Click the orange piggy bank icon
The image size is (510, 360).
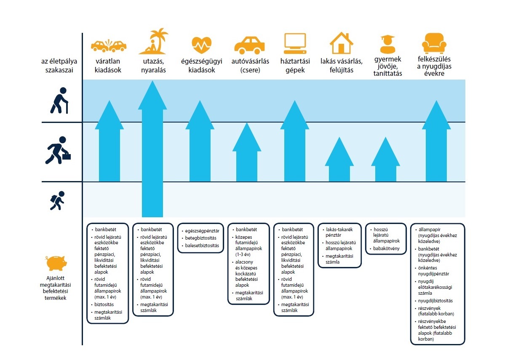coord(57,264)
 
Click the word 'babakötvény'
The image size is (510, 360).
coord(386,248)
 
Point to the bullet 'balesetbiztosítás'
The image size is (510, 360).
coord(202,245)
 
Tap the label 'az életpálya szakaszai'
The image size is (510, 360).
coord(59,66)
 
